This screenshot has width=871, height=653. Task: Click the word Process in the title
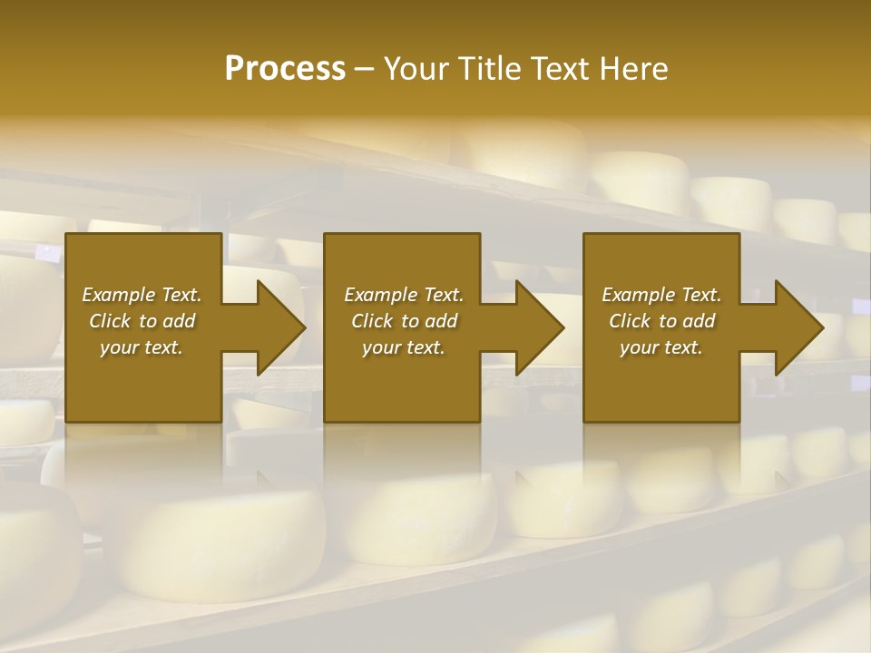pos(285,69)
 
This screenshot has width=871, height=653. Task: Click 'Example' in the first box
pos(118,295)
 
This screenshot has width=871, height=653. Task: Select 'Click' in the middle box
pos(373,321)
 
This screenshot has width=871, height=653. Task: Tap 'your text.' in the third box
pos(661,347)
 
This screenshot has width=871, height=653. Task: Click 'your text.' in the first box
pos(142,347)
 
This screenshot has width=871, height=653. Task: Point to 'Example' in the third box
pos(638,295)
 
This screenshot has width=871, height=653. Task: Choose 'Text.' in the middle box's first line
pos(442,295)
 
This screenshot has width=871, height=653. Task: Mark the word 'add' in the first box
pos(180,321)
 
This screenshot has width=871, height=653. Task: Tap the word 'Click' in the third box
pos(631,321)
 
